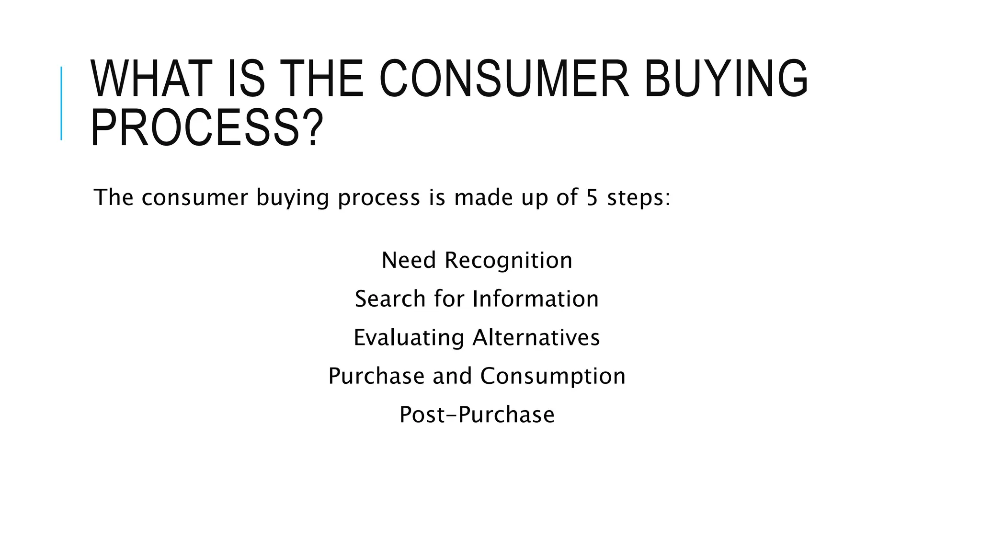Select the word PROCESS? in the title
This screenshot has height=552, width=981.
coord(207,128)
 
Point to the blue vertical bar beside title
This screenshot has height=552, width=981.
coord(61,103)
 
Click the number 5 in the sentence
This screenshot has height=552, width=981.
coord(592,197)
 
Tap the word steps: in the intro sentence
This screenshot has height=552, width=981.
coord(639,197)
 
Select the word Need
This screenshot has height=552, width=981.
coord(409,260)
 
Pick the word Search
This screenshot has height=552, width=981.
coord(390,299)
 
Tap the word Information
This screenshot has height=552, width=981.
coord(536,299)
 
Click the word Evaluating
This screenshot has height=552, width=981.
coord(409,338)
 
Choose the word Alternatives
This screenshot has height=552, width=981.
coord(536,337)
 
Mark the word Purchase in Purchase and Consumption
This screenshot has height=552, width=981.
coord(376,376)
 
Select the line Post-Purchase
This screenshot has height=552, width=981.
coord(477,414)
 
